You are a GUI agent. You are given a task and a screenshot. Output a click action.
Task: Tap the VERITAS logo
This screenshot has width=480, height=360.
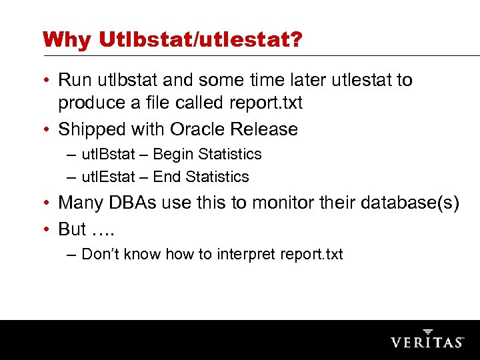coord(427,340)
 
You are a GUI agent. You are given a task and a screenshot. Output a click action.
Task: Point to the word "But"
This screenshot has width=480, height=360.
coord(73,229)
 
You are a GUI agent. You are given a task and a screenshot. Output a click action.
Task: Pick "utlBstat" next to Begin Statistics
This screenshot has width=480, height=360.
coord(107,155)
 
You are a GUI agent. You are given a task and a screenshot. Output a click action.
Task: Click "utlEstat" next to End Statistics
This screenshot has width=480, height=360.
coord(107,177)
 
